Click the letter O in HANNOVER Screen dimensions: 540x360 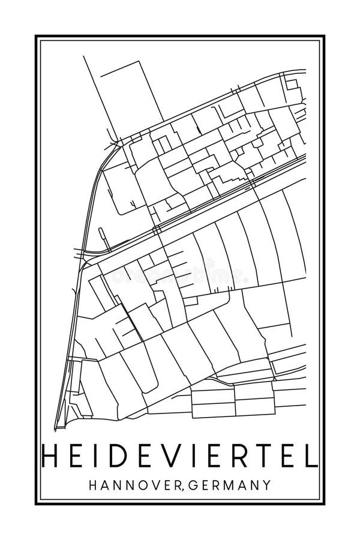[142, 484]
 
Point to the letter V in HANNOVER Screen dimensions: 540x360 [155, 484]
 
